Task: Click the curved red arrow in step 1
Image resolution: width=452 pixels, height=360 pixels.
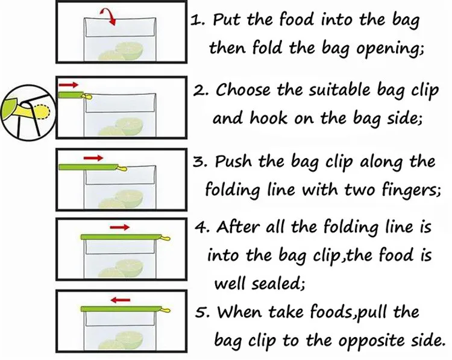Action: [110, 14]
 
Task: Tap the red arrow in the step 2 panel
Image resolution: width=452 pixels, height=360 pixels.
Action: [68, 84]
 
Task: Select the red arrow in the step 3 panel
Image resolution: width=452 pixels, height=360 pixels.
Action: [93, 158]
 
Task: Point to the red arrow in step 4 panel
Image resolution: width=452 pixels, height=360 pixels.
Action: [120, 227]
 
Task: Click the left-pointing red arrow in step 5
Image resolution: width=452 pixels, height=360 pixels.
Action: [121, 300]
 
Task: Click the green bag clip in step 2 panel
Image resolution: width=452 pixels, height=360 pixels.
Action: [71, 95]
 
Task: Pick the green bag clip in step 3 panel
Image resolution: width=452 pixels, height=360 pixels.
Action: [88, 166]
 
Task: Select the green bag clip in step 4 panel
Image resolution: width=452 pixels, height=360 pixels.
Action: [121, 237]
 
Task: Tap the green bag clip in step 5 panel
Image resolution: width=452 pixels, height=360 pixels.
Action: [121, 309]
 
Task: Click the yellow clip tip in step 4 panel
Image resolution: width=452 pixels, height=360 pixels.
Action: [166, 238]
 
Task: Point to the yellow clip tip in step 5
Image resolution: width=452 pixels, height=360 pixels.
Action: [166, 310]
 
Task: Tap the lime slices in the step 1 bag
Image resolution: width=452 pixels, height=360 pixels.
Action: [121, 51]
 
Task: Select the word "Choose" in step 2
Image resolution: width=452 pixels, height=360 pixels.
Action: [243, 90]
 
